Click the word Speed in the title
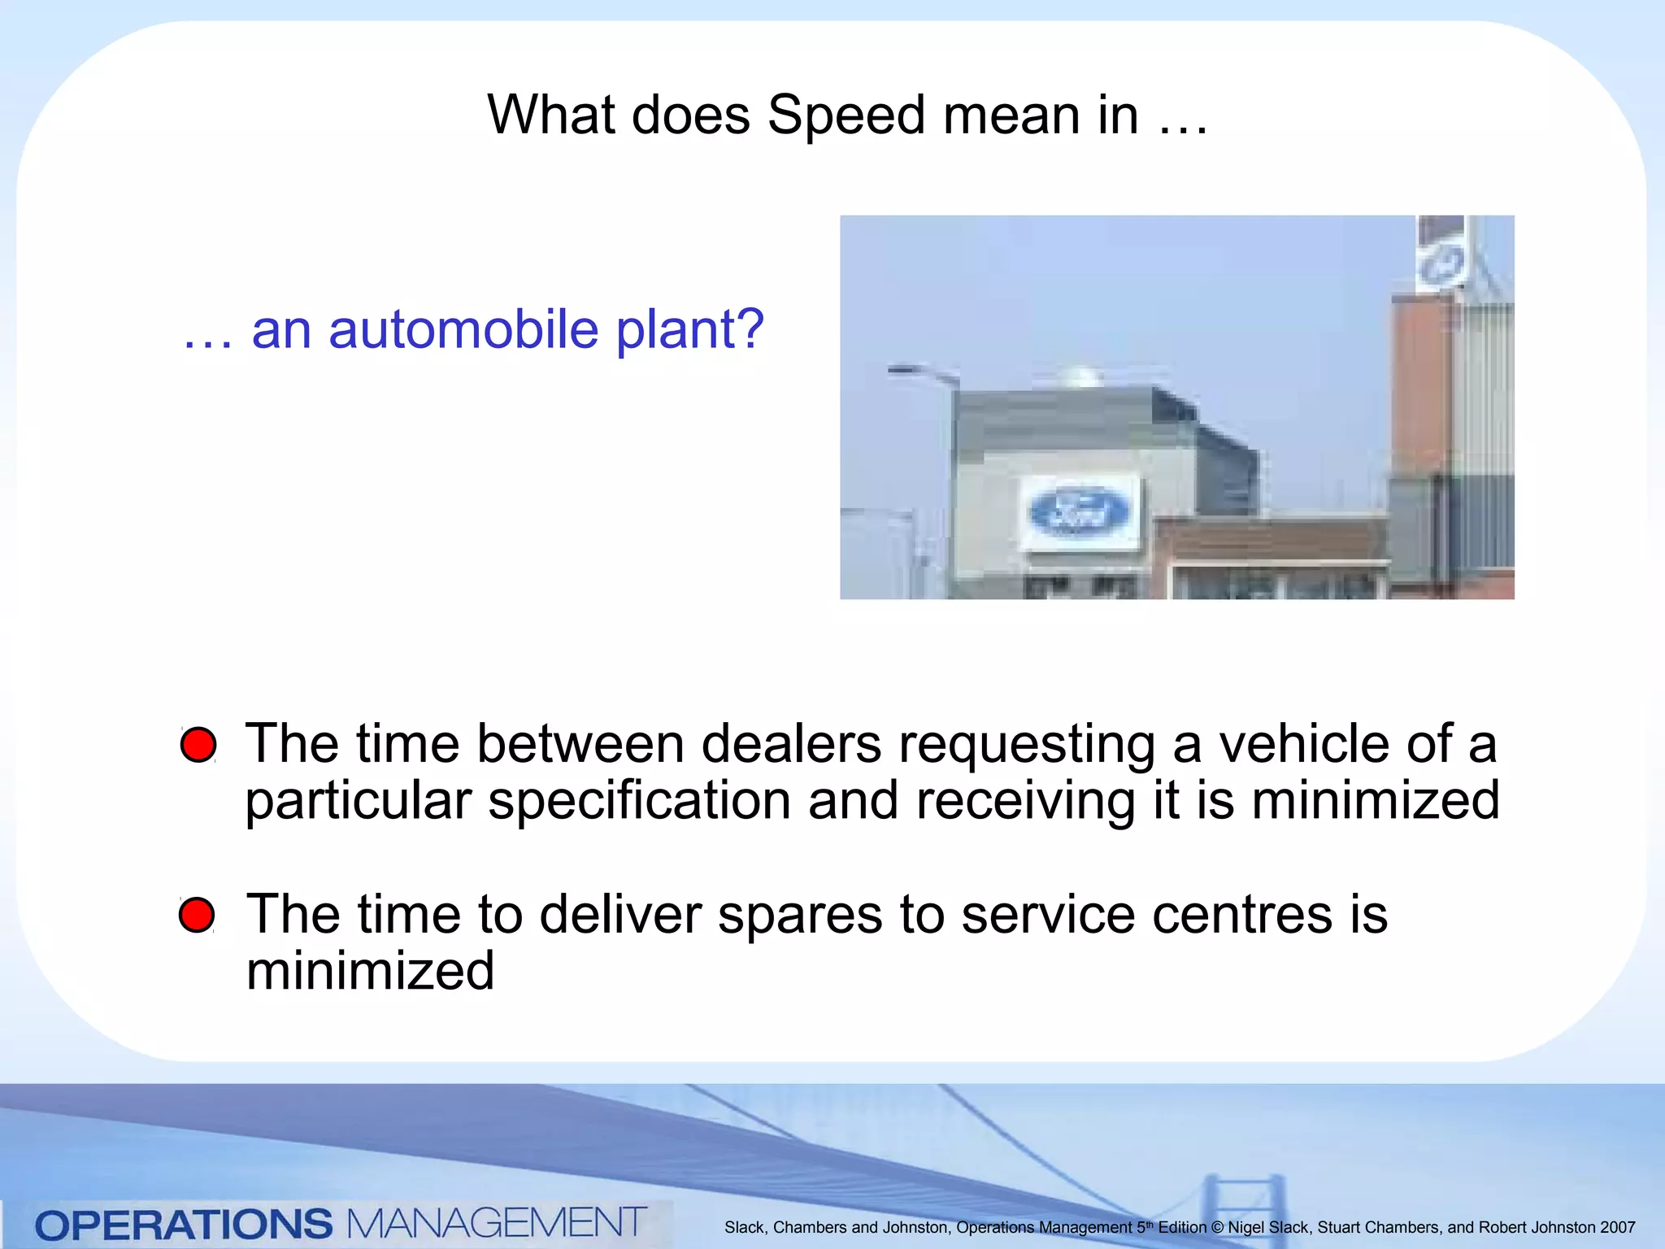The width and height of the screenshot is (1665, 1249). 846,115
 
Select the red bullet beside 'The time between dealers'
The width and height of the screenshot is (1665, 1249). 198,745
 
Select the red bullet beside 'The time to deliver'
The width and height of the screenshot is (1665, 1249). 197,915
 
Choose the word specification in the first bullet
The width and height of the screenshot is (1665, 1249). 639,802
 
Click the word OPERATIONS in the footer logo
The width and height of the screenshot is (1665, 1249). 184,1225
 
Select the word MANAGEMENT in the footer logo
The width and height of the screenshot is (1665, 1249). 496,1223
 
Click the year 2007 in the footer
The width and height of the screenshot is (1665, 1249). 1617,1228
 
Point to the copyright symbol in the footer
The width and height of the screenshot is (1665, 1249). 1217,1228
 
